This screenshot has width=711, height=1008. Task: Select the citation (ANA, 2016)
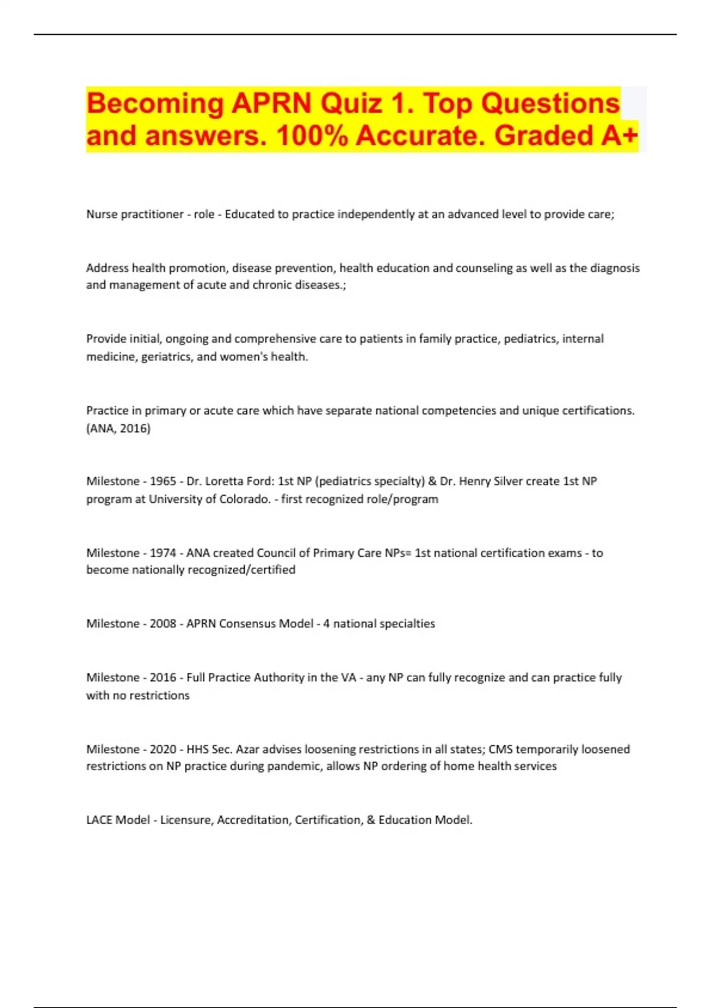[x=118, y=428]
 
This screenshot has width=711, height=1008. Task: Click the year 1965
[x=163, y=481]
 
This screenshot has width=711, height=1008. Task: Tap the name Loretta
[x=223, y=481]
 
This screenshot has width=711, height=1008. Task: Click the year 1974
[x=163, y=553]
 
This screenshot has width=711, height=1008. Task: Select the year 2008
[x=163, y=624]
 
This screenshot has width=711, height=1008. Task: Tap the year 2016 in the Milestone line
[x=163, y=678]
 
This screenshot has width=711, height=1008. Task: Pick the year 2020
[x=163, y=749]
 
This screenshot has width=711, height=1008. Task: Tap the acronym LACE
[x=99, y=820]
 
